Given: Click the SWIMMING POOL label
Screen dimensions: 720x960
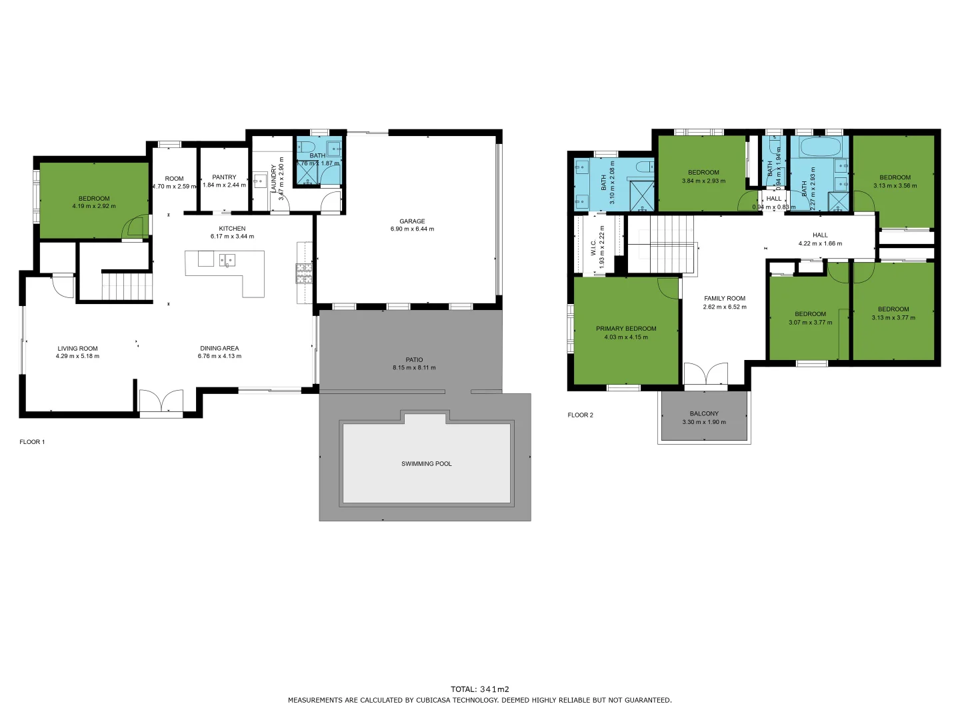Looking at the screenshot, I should (x=426, y=463).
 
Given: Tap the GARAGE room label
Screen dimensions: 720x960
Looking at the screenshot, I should (x=412, y=221).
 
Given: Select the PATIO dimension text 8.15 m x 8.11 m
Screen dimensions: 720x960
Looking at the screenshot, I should (x=414, y=368).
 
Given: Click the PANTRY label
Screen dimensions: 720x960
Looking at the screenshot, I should (x=224, y=177).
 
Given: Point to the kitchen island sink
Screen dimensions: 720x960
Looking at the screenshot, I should (x=227, y=260).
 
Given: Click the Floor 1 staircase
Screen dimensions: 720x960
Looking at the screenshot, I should (x=127, y=286).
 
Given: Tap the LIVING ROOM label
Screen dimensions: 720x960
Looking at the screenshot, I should (x=77, y=348).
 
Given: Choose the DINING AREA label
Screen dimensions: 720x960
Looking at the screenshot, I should (x=219, y=348).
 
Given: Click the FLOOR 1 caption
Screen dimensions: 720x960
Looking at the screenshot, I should (x=32, y=442).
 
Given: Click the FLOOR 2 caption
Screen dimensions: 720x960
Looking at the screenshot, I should (x=580, y=415).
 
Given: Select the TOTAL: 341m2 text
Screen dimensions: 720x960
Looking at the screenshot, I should (x=479, y=689).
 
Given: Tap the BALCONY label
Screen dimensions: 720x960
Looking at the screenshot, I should (x=704, y=413).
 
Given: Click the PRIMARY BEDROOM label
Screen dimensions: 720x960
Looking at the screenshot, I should (x=626, y=329).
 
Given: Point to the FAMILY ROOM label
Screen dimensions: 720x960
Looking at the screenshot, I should (x=725, y=299).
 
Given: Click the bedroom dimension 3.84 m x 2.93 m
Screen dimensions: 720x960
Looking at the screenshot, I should (x=703, y=181).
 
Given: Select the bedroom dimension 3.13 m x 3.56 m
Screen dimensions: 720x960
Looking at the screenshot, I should (x=895, y=186).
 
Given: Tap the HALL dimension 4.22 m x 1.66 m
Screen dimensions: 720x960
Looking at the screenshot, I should (x=820, y=244).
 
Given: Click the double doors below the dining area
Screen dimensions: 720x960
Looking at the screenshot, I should (x=161, y=402).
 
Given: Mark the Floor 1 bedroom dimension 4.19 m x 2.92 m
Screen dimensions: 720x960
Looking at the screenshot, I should (x=94, y=207).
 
